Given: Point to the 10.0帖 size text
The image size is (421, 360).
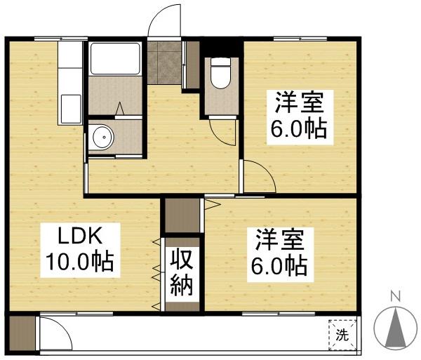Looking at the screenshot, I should tap(80, 262).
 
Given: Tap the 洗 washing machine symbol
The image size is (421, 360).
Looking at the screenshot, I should tap(342, 335).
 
